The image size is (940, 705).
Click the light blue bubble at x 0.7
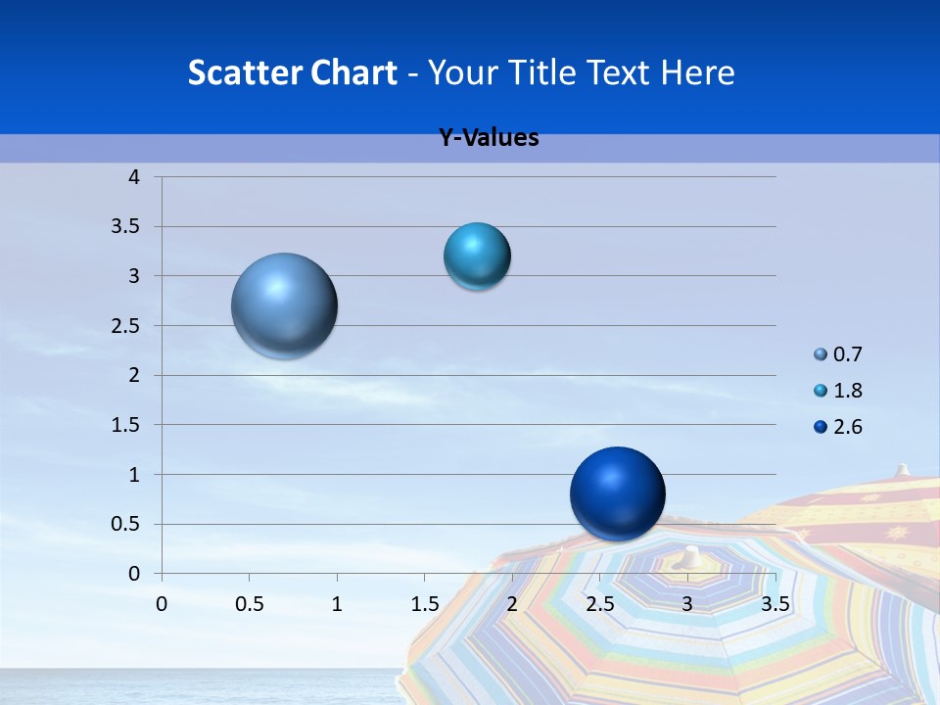click(x=285, y=305)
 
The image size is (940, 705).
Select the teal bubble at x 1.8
click(x=477, y=257)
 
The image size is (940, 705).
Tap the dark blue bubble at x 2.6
click(x=617, y=494)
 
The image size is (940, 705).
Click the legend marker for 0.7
click(x=821, y=354)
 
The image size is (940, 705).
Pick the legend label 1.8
click(x=848, y=391)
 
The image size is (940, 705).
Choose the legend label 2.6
click(x=848, y=427)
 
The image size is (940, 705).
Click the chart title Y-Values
click(x=489, y=138)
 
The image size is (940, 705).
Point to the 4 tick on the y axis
click(x=135, y=177)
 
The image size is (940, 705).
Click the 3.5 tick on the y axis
click(x=128, y=227)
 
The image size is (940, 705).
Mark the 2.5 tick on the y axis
click(x=128, y=326)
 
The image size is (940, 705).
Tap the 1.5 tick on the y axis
click(x=128, y=425)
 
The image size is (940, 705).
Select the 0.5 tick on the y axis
click(x=128, y=524)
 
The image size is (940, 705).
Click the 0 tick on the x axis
click(x=162, y=604)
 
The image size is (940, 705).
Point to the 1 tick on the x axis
click(x=337, y=604)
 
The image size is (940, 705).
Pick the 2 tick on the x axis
click(x=512, y=604)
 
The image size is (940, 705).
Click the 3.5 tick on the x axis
click(x=775, y=604)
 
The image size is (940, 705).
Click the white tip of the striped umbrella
click(x=692, y=556)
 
